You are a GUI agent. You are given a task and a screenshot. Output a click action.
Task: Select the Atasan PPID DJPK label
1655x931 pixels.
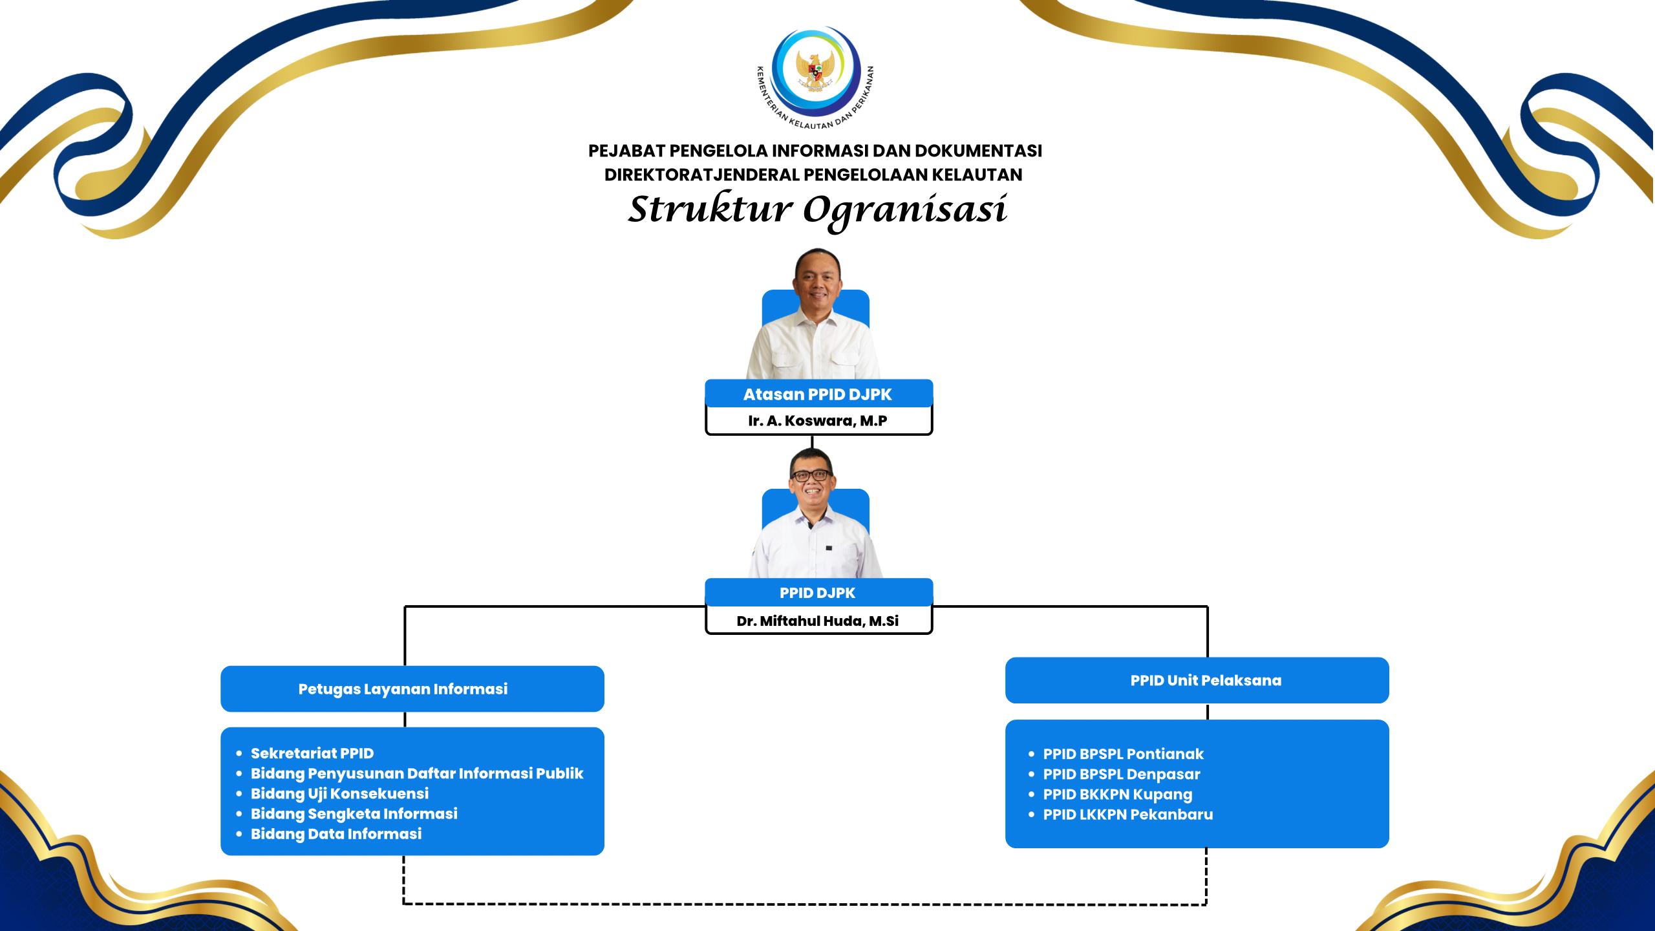[818, 394]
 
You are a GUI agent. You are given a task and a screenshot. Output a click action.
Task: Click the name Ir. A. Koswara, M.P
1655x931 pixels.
[818, 421]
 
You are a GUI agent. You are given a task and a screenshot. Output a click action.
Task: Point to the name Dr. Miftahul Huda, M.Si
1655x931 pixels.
[818, 621]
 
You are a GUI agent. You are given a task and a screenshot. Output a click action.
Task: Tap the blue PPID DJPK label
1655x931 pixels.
[818, 592]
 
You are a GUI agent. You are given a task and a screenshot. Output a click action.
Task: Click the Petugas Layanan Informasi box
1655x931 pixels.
[412, 689]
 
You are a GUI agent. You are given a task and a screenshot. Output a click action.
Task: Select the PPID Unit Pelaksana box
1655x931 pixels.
[1197, 680]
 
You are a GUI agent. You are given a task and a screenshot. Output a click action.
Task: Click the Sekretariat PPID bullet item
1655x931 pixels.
[312, 753]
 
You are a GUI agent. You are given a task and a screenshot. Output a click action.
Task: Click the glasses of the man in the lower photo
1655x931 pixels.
[811, 475]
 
